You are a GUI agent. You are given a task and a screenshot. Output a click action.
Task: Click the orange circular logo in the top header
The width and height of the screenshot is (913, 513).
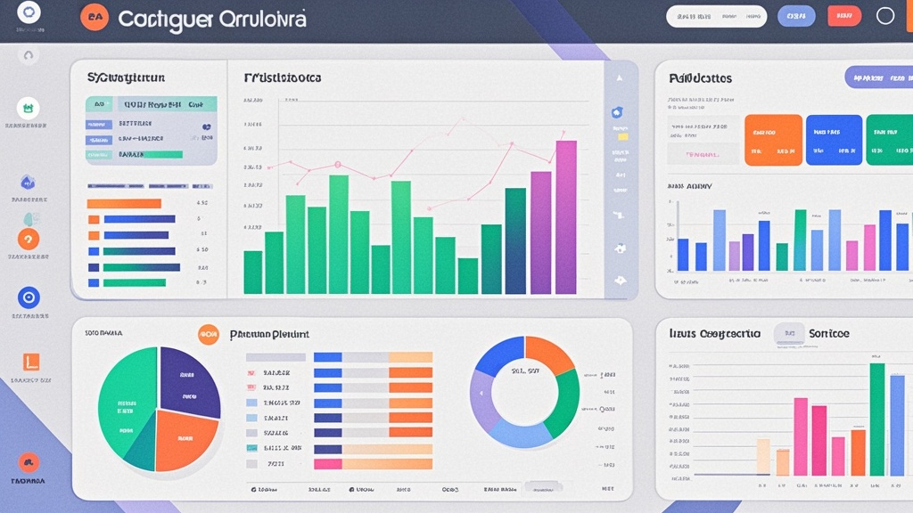(x=94, y=16)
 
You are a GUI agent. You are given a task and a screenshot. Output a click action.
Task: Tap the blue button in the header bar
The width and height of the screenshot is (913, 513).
(x=796, y=16)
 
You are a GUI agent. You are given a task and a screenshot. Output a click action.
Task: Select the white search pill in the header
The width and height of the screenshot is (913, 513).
(x=716, y=16)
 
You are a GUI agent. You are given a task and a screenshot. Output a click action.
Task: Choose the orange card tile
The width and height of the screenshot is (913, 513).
(x=773, y=140)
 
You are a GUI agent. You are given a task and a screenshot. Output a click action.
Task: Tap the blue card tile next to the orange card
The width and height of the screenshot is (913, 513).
(x=834, y=140)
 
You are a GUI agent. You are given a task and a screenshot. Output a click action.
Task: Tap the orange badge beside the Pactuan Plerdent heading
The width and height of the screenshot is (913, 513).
(x=209, y=335)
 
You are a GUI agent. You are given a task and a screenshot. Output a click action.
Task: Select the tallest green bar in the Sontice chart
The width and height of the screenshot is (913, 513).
(x=876, y=419)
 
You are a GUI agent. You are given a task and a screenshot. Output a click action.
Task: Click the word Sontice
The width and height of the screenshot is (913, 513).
(x=828, y=333)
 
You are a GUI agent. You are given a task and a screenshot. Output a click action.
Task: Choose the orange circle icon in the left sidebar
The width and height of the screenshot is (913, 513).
(x=29, y=239)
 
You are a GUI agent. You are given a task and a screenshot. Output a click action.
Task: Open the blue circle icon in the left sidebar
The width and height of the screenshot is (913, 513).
(x=29, y=298)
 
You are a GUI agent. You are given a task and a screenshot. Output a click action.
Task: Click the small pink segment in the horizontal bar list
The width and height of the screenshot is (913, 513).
(x=328, y=464)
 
